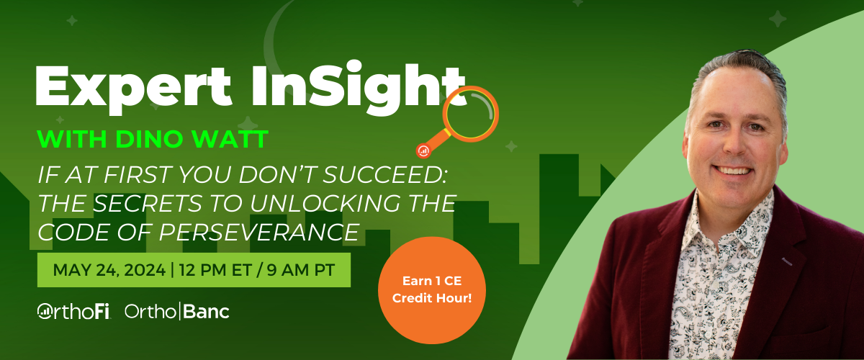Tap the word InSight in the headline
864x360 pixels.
(x=359, y=88)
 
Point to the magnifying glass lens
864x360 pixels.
(x=471, y=114)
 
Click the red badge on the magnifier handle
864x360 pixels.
(x=423, y=151)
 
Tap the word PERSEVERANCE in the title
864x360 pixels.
(x=259, y=233)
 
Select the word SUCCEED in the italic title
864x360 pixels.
(x=384, y=175)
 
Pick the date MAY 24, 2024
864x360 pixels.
(x=109, y=270)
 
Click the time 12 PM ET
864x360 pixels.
(x=215, y=270)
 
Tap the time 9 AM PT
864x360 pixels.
(x=301, y=270)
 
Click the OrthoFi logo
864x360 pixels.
(x=73, y=311)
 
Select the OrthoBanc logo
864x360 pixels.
(x=177, y=311)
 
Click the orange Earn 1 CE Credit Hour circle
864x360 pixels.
(x=432, y=290)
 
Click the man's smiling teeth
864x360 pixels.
(x=733, y=171)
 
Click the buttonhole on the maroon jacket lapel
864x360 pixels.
(x=787, y=261)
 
